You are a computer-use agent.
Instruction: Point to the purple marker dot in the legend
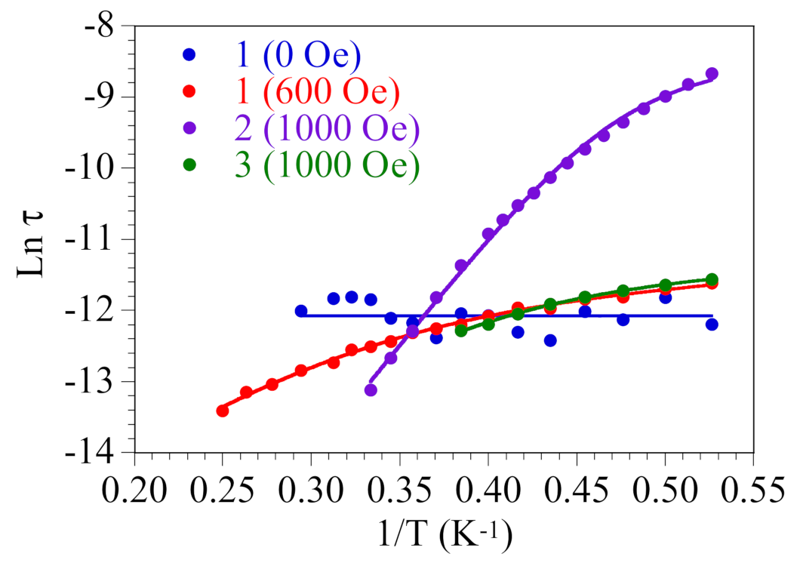click(x=189, y=128)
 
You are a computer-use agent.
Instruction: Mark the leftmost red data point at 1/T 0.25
click(x=223, y=411)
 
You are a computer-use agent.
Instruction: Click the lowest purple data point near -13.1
click(x=371, y=390)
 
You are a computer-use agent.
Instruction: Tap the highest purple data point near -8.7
click(x=712, y=73)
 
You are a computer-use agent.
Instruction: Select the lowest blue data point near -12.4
click(x=550, y=340)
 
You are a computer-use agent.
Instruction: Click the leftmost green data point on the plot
click(x=461, y=331)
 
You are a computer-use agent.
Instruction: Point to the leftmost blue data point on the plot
click(x=301, y=311)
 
